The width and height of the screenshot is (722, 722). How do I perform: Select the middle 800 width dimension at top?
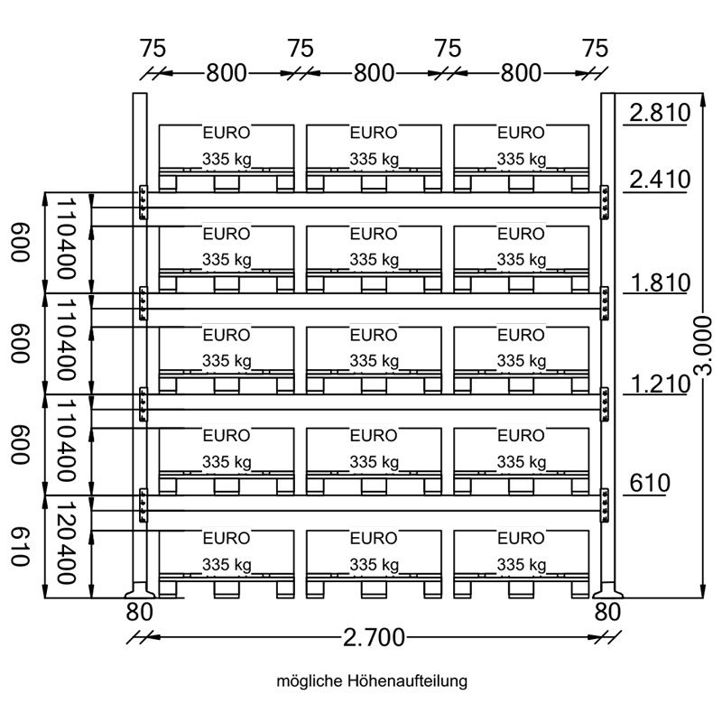pyautogui.click(x=374, y=73)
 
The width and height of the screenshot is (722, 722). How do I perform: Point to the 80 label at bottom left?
pyautogui.click(x=139, y=612)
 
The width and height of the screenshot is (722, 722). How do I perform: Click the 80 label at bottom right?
pyautogui.click(x=607, y=612)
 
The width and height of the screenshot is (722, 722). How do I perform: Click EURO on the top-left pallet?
pyautogui.click(x=227, y=133)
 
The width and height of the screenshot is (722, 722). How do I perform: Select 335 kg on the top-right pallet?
pyautogui.click(x=522, y=160)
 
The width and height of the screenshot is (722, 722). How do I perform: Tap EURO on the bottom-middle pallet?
pyautogui.click(x=374, y=539)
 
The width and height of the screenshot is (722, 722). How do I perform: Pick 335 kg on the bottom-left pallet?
pyautogui.click(x=227, y=566)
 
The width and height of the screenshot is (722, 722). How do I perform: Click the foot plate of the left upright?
pyautogui.click(x=139, y=594)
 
